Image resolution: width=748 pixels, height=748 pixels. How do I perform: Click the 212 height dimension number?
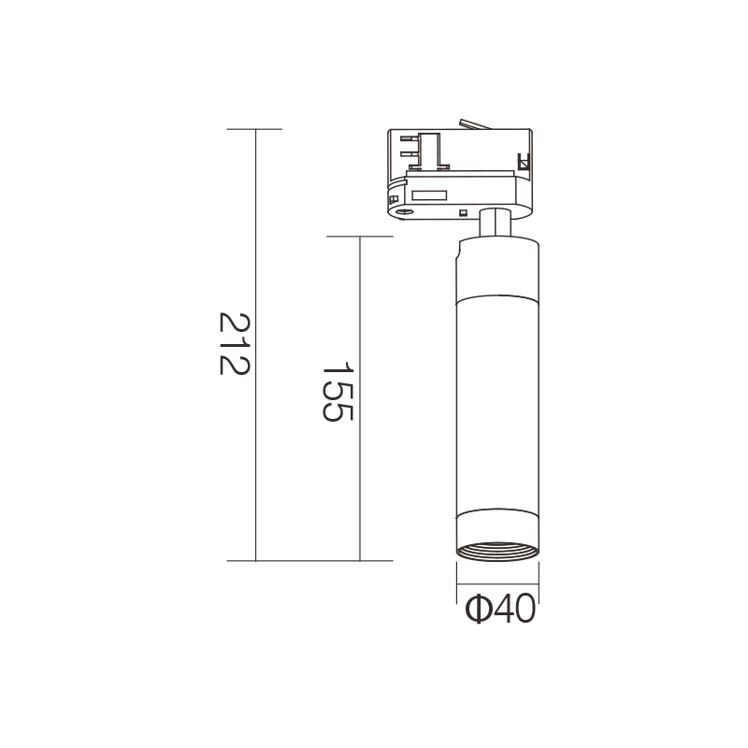235,344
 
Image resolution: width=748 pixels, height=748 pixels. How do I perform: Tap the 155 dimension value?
338,392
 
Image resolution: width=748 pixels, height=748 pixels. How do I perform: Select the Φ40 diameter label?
500,609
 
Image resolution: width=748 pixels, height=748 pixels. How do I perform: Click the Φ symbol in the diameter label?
478,609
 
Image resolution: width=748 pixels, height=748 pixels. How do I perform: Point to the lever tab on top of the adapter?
474,124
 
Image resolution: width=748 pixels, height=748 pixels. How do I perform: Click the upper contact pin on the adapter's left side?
410,138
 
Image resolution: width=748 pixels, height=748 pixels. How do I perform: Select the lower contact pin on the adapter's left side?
410,153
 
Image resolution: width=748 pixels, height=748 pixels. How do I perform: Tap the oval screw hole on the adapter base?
405,211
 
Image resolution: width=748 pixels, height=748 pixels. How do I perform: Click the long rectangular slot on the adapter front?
429,195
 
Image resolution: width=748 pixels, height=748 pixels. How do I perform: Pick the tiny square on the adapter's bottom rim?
462,213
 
